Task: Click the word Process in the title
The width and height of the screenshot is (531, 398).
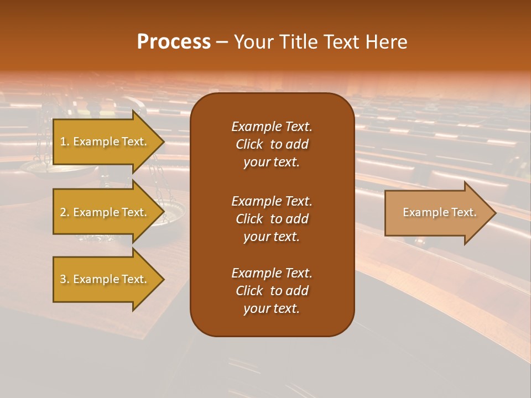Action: (x=174, y=42)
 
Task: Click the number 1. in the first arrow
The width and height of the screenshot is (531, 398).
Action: (x=65, y=142)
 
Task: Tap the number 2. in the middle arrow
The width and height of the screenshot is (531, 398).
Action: (x=65, y=212)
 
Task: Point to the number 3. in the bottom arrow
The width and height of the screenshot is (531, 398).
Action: (x=65, y=279)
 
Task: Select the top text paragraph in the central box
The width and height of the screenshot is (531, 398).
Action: (x=272, y=144)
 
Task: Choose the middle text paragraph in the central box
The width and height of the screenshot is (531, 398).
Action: (x=272, y=219)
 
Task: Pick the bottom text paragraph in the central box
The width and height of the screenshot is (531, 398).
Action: (x=272, y=291)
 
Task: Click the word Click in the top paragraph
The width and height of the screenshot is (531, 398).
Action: (x=249, y=144)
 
